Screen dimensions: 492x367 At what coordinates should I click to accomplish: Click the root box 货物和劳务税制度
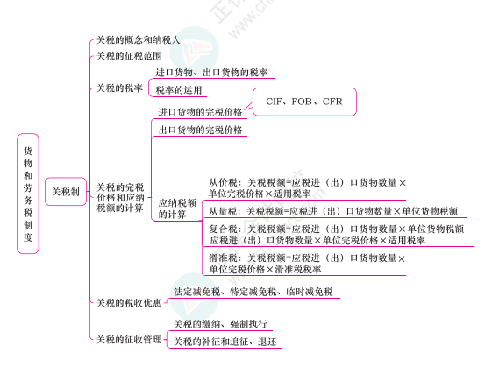[x=28, y=194]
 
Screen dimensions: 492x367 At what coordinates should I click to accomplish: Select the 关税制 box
[x=66, y=192]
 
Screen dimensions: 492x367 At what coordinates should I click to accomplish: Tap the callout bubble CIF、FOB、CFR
[x=304, y=102]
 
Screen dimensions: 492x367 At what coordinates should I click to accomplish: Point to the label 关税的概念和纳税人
[x=138, y=40]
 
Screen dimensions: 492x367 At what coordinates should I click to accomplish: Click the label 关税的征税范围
[x=129, y=56]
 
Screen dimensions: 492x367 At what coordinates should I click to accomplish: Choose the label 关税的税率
[x=119, y=88]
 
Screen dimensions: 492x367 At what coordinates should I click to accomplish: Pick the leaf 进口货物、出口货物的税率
[x=211, y=73]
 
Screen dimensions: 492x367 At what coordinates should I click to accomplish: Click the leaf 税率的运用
[x=179, y=90]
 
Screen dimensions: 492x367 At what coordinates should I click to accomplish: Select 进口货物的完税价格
[x=200, y=112]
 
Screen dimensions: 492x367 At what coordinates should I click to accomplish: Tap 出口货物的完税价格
[x=200, y=130]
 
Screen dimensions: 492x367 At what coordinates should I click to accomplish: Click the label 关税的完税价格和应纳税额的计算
[x=120, y=198]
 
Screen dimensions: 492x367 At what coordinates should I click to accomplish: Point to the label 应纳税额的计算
[x=177, y=208]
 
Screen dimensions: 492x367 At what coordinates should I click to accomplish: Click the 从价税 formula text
[x=307, y=188]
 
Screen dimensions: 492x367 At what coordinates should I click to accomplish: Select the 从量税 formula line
[x=333, y=212]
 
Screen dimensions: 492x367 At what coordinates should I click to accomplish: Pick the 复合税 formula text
[x=339, y=235]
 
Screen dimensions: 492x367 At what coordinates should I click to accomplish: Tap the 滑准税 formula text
[x=307, y=264]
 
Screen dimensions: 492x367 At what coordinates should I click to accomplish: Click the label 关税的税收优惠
[x=129, y=303]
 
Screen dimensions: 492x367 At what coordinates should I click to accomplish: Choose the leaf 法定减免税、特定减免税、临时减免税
[x=253, y=292]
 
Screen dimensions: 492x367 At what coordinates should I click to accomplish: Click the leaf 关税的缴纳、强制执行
[x=220, y=324]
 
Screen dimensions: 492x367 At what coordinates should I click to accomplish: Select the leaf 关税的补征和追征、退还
[x=225, y=342]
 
